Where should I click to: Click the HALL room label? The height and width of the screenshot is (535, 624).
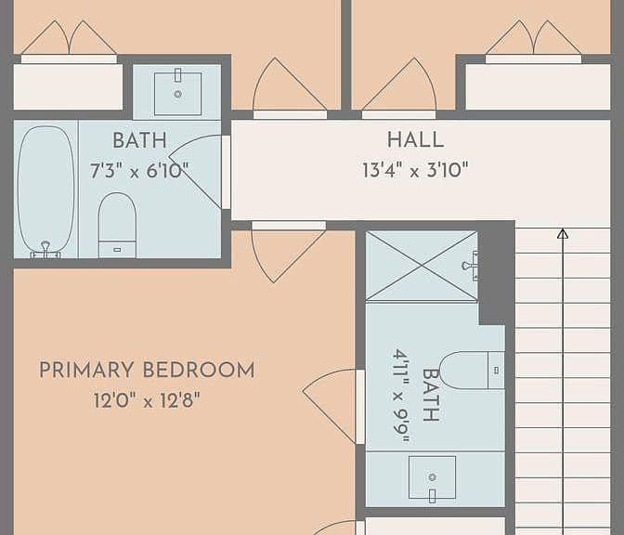(415, 140)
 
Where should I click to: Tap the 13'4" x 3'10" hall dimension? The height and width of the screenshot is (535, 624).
(415, 170)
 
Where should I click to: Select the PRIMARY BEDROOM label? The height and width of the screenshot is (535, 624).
(147, 370)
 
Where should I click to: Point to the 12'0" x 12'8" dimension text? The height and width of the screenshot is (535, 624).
(147, 400)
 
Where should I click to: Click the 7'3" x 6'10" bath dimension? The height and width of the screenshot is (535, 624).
(139, 171)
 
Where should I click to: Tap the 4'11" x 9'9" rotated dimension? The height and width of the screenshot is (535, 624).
(401, 396)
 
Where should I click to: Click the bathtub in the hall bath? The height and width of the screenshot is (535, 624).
(46, 192)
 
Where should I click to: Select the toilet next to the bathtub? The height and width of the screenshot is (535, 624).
(117, 225)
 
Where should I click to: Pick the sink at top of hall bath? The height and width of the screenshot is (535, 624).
(177, 93)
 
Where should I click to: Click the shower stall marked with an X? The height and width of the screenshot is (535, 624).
(422, 266)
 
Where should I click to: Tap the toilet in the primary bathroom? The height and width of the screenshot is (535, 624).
(472, 371)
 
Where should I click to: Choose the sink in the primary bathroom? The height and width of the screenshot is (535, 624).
(432, 477)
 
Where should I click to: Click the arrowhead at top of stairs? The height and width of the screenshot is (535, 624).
(563, 234)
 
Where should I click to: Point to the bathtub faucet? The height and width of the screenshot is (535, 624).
(45, 251)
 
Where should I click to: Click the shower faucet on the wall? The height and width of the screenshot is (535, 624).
(471, 266)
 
